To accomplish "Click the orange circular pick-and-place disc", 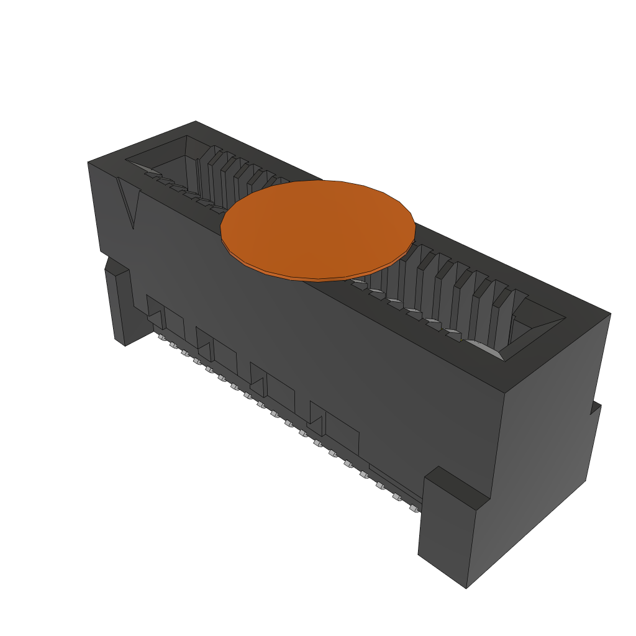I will point(318,227).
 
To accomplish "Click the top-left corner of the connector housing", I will point(89,163).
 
